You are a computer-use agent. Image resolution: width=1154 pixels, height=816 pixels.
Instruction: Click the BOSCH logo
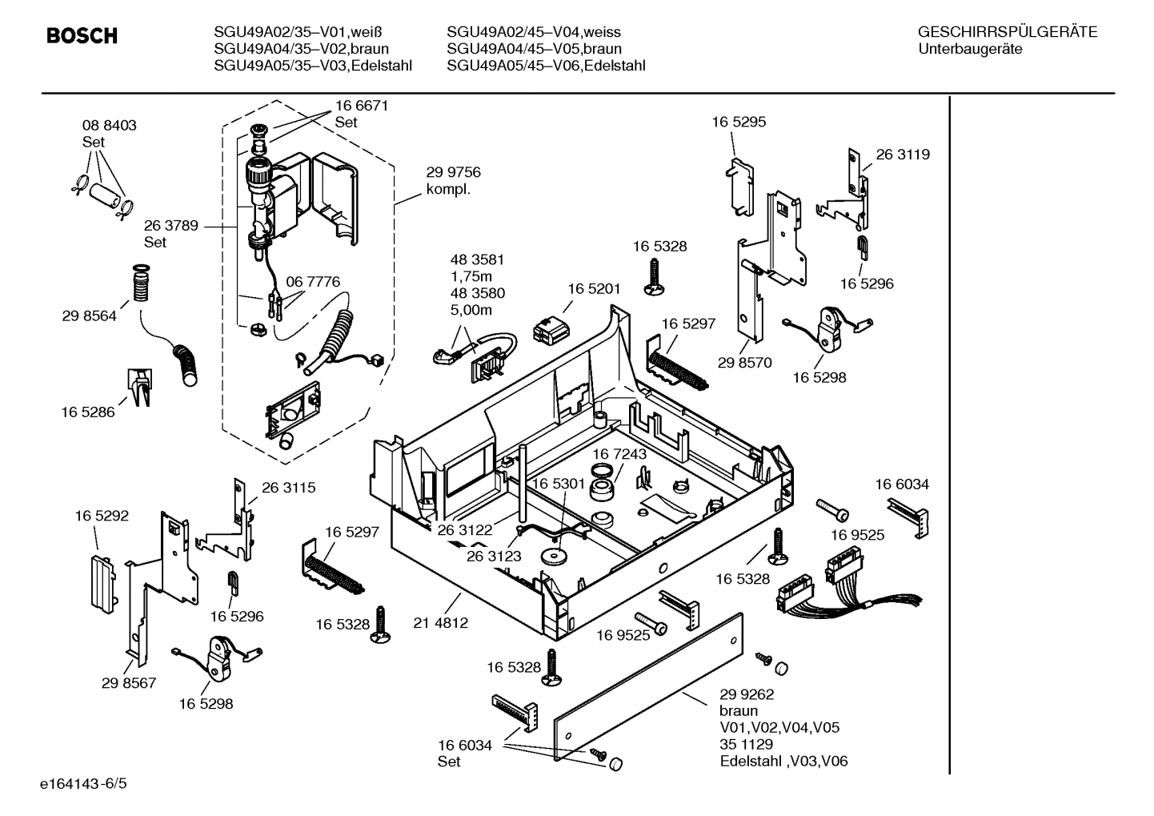(x=82, y=36)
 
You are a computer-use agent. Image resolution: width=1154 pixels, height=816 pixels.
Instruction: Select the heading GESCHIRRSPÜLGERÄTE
(x=1007, y=33)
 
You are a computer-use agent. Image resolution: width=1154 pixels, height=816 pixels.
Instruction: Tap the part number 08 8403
(x=110, y=126)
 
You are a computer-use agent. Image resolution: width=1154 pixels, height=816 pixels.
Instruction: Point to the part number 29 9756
(x=453, y=173)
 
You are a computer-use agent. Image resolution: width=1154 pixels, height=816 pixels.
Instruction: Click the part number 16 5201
(x=595, y=288)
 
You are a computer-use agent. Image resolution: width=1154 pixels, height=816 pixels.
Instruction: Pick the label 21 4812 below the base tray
(x=441, y=622)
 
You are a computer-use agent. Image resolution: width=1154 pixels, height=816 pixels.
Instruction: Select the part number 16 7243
(x=619, y=454)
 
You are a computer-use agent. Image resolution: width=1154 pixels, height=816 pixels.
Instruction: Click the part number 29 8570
(x=744, y=363)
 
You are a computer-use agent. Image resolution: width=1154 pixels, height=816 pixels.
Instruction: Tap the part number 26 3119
(x=903, y=155)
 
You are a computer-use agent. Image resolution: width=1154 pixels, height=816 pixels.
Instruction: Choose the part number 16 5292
(x=102, y=517)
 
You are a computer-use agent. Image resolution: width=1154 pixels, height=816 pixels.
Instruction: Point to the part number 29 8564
(x=89, y=316)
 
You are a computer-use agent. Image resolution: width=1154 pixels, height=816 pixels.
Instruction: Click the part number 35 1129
(x=746, y=745)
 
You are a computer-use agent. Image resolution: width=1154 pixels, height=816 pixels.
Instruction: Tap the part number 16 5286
(x=87, y=412)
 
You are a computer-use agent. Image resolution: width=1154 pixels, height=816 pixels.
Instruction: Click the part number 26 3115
(x=288, y=487)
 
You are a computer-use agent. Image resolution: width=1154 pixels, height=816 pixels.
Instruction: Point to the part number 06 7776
(x=313, y=282)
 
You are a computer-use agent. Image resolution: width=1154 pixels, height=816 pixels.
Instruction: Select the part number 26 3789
(x=171, y=226)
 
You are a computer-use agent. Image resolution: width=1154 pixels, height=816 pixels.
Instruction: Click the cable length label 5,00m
(x=471, y=310)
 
